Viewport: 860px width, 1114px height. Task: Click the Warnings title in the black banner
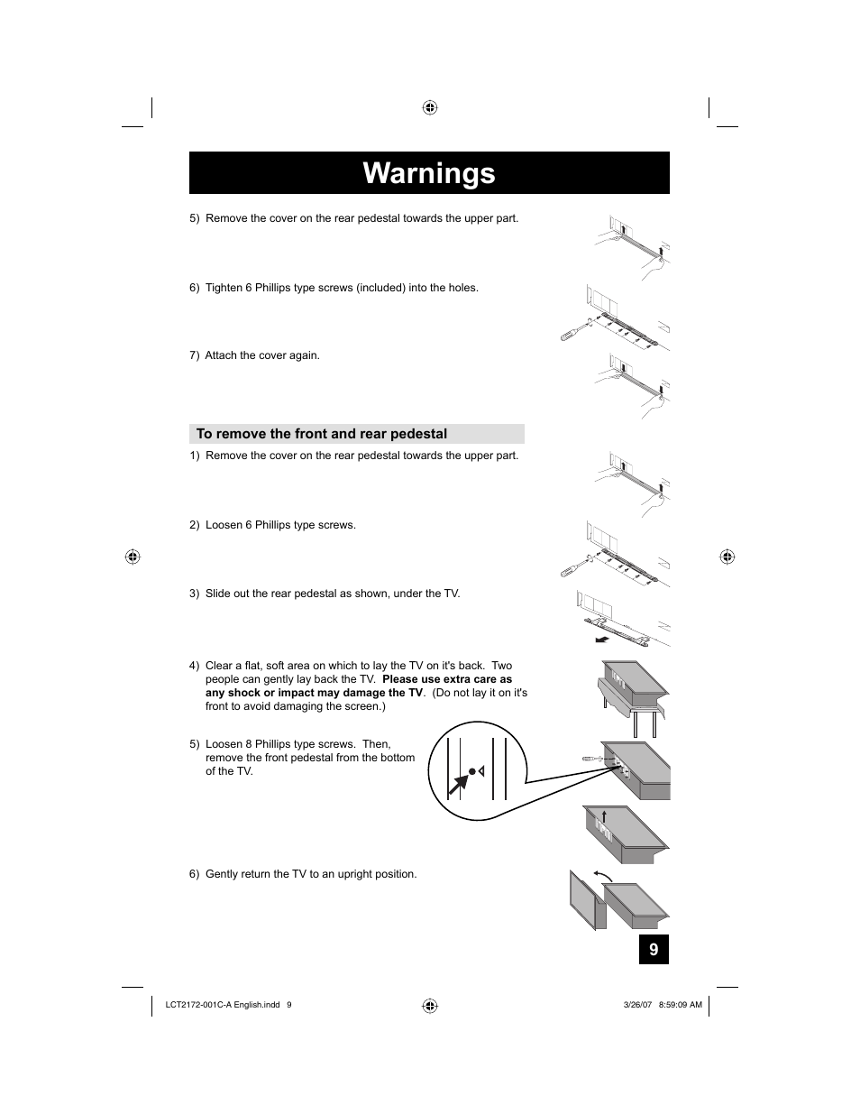[429, 173]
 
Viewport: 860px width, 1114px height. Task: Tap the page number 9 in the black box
[654, 950]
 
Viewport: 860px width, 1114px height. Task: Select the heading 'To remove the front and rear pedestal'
[322, 434]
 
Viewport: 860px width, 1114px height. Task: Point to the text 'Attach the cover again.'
[262, 355]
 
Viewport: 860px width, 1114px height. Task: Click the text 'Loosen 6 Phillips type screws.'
[280, 525]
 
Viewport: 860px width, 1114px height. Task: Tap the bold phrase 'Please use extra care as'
[447, 679]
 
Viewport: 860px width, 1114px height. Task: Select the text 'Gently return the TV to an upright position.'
[311, 874]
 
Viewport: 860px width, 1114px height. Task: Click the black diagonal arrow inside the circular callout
[457, 786]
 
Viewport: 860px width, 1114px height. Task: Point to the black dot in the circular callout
[471, 772]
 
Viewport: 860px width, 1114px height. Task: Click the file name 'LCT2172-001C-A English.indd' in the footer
[224, 1005]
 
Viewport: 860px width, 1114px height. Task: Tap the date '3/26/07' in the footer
[611, 1005]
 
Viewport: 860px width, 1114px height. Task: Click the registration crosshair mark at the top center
[430, 108]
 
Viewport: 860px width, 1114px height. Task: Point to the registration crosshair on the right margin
[727, 557]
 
